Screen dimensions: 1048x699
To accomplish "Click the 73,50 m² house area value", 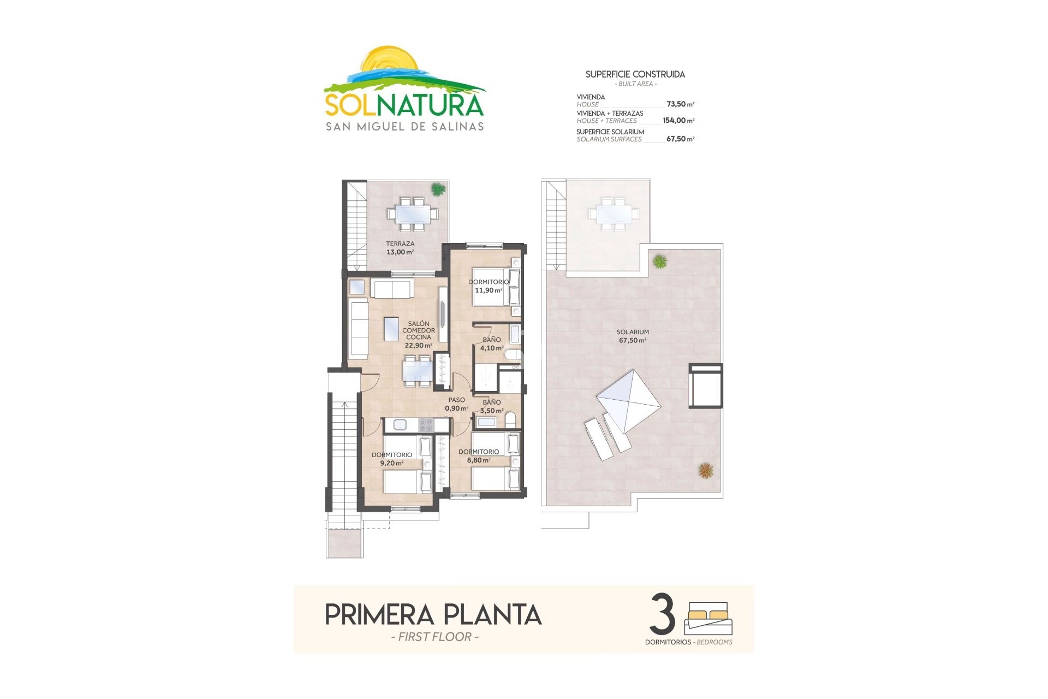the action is click(x=680, y=104).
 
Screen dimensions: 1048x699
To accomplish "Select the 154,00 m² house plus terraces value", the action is click(x=678, y=121).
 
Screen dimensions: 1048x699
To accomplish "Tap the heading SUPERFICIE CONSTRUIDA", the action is click(x=635, y=74).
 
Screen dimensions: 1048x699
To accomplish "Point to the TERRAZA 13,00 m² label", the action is click(x=400, y=248).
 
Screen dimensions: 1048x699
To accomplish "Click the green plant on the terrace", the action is click(x=438, y=189).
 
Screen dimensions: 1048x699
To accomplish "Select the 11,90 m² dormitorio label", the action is click(x=489, y=286).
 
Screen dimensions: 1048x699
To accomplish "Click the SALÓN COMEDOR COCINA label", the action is click(x=419, y=334).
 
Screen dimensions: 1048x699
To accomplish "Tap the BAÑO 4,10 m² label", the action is click(x=492, y=343).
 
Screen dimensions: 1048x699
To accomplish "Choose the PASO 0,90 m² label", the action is click(x=456, y=404).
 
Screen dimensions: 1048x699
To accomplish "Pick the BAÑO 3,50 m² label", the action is click(x=492, y=406).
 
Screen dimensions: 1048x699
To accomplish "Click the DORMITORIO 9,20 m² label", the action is click(x=392, y=459).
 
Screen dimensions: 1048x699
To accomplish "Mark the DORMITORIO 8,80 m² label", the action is click(x=479, y=456).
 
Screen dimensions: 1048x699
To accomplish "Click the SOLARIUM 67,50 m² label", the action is click(x=633, y=336).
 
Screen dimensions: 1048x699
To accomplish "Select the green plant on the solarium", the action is click(x=660, y=261).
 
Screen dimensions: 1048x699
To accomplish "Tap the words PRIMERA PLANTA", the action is click(x=433, y=614).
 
